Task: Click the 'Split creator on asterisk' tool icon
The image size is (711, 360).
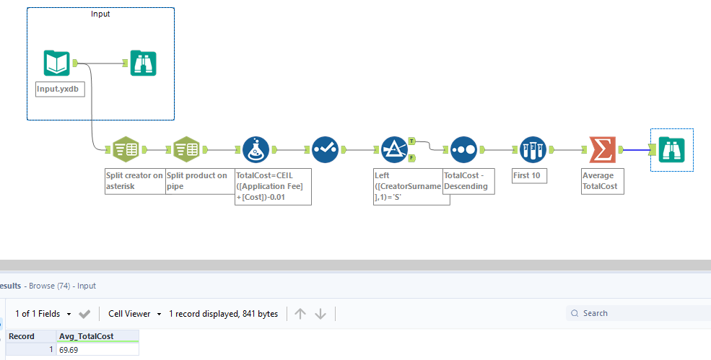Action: pyautogui.click(x=126, y=149)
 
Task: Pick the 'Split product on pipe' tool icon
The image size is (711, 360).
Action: pyautogui.click(x=186, y=149)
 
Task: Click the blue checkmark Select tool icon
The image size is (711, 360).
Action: pyautogui.click(x=325, y=149)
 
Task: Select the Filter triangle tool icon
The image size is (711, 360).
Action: pyautogui.click(x=394, y=149)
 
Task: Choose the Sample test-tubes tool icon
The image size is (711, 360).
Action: pyautogui.click(x=533, y=149)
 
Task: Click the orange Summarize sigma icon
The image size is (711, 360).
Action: pyautogui.click(x=602, y=149)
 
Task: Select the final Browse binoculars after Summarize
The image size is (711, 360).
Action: pyautogui.click(x=671, y=149)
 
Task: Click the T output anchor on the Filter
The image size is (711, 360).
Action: pyautogui.click(x=411, y=141)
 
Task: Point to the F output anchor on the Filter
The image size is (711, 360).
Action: pyautogui.click(x=411, y=158)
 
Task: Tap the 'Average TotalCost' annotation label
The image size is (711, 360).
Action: pyautogui.click(x=599, y=180)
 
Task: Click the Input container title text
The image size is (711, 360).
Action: pyautogui.click(x=100, y=14)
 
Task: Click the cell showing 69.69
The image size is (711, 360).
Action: pyautogui.click(x=97, y=349)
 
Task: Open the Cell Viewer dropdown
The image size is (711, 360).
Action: pyautogui.click(x=134, y=314)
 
